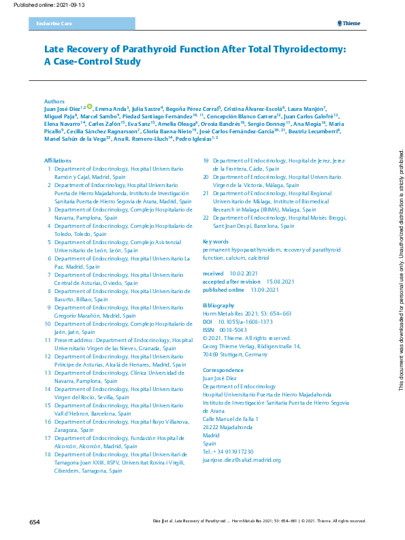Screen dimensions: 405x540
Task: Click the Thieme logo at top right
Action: point(349,24)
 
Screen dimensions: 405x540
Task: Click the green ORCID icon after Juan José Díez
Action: point(90,107)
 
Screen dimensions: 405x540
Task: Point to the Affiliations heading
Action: point(58,160)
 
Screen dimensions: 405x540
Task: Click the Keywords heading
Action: point(216,241)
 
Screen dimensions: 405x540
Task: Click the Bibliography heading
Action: point(221,306)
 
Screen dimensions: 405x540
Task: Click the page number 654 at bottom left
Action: point(35,522)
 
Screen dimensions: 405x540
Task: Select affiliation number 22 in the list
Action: point(207,217)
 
